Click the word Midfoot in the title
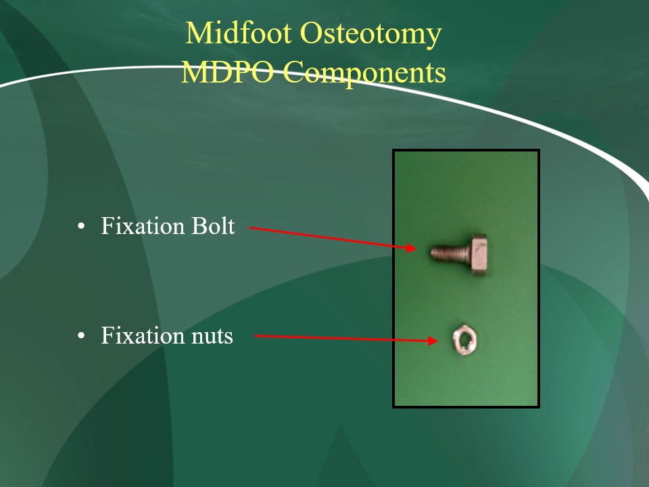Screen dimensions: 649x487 [x=239, y=32]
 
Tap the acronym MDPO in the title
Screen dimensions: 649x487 [x=228, y=72]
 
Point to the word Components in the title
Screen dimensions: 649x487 [x=364, y=74]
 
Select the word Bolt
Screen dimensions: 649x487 [x=213, y=226]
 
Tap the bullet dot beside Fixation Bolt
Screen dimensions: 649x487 [x=81, y=227]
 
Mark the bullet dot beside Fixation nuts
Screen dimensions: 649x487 [x=81, y=336]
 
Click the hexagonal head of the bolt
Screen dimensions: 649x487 [x=479, y=255]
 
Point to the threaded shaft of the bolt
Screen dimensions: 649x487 [x=450, y=253]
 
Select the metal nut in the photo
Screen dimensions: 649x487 [x=465, y=340]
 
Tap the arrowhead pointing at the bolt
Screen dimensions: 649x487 [x=411, y=248]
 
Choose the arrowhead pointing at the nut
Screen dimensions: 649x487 [x=433, y=341]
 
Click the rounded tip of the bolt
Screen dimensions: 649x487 [x=433, y=252]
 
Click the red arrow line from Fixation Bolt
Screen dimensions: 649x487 [x=333, y=237]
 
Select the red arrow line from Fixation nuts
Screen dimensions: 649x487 [x=346, y=338]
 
